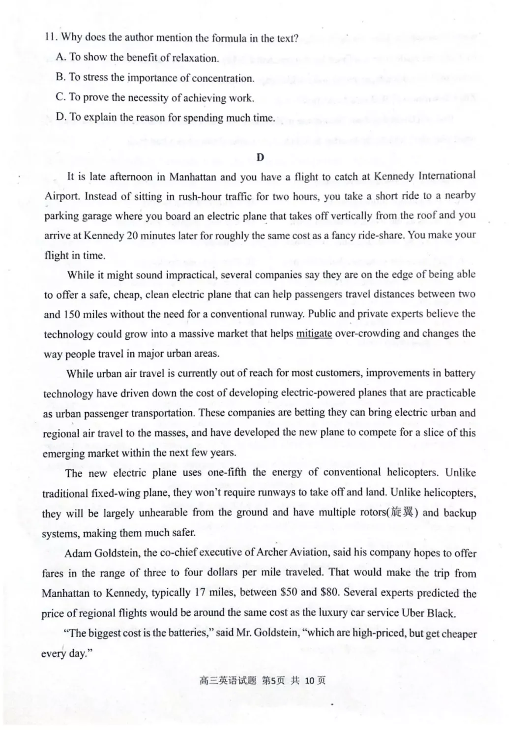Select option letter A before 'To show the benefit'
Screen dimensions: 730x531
coord(61,57)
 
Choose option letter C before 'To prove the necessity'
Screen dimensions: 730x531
coord(61,97)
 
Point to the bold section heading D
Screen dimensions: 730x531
coord(260,157)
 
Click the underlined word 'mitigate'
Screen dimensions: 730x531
coord(314,334)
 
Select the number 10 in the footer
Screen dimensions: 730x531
coord(309,681)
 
